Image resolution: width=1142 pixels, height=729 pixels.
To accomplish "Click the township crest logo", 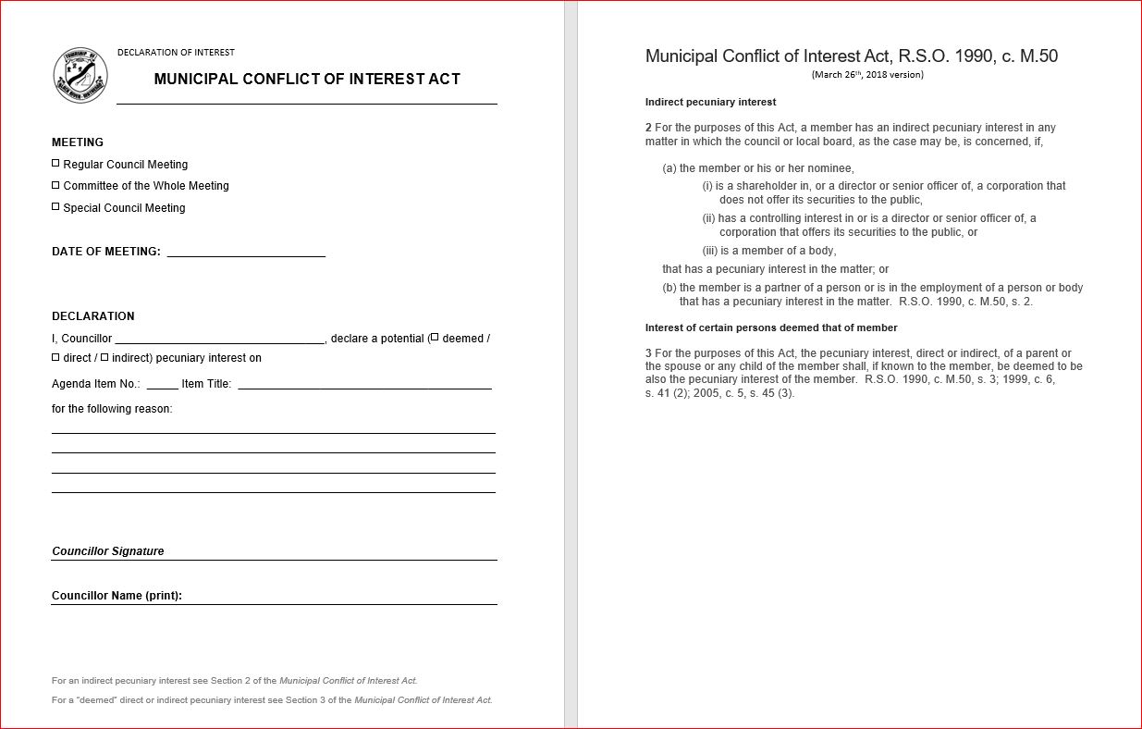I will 80,75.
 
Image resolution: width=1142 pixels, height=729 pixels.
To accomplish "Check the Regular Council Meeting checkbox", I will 55,163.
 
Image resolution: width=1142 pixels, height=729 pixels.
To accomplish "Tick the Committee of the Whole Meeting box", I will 55,185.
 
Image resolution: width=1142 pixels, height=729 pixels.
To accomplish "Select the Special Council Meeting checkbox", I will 55,206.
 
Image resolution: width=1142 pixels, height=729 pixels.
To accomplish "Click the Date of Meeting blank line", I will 246,252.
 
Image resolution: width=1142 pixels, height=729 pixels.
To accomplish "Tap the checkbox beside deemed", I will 435,337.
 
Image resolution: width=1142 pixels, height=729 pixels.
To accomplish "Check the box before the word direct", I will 55,357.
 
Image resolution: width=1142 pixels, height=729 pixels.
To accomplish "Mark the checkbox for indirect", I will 104,357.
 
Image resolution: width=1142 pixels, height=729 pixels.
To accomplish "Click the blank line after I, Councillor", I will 220,340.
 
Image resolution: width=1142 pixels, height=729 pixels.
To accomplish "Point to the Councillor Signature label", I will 108,551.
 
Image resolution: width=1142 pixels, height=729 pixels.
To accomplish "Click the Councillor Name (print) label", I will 117,596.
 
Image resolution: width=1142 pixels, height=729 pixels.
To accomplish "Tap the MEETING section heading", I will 78,142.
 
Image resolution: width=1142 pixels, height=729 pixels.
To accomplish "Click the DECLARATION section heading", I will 93,316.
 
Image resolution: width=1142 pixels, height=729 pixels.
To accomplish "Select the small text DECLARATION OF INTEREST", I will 176,53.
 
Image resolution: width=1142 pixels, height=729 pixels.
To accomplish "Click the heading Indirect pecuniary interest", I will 710,102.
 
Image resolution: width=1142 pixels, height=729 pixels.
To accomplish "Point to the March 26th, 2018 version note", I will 867,75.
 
